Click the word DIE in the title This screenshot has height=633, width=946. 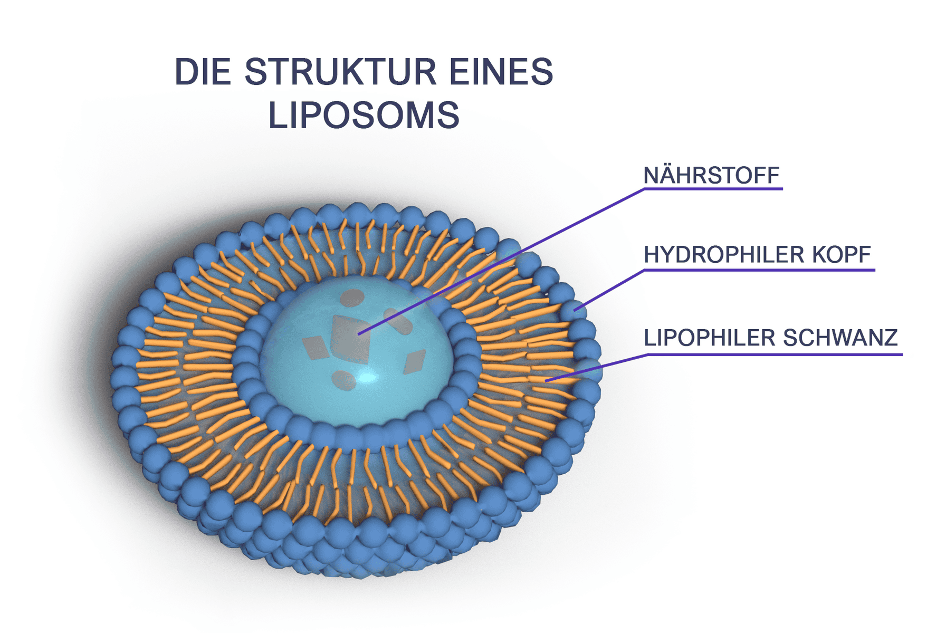(x=202, y=72)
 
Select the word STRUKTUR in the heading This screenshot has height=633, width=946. (x=340, y=72)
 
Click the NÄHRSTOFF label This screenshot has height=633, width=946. (x=711, y=176)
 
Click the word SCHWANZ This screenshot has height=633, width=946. (x=840, y=338)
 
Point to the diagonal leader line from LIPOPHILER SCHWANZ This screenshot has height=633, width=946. (x=596, y=367)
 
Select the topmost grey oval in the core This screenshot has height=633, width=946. (x=352, y=298)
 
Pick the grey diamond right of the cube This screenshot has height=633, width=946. (x=414, y=362)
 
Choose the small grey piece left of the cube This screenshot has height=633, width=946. (x=316, y=348)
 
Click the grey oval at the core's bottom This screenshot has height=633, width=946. (x=343, y=380)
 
